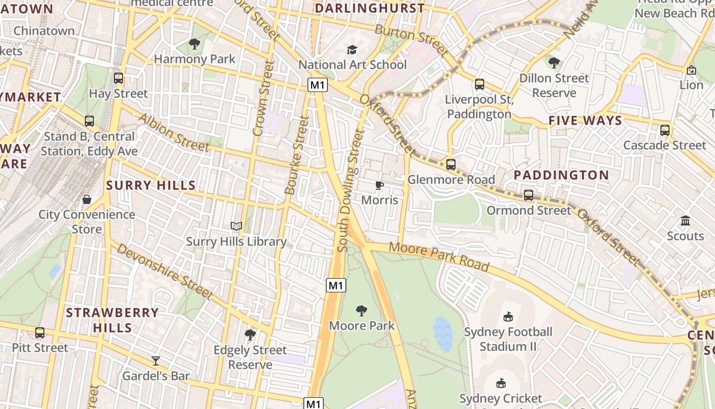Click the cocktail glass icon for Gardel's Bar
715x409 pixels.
pyautogui.click(x=156, y=361)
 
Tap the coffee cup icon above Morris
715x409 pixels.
pyautogui.click(x=379, y=185)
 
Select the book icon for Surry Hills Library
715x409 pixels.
pyautogui.click(x=236, y=226)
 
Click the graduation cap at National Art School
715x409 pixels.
pyautogui.click(x=352, y=50)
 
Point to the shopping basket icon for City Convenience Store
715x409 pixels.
pyautogui.click(x=87, y=199)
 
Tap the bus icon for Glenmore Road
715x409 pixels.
pyautogui.click(x=450, y=165)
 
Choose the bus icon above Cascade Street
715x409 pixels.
pyautogui.click(x=664, y=130)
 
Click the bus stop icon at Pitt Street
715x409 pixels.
pyautogui.click(x=40, y=333)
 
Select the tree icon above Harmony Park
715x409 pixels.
pyautogui.click(x=195, y=44)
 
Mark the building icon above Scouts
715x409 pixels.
pyautogui.click(x=685, y=221)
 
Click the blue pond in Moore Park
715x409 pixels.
pyautogui.click(x=443, y=334)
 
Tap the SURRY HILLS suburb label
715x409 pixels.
pyautogui.click(x=151, y=186)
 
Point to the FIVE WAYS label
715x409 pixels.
pyautogui.click(x=585, y=121)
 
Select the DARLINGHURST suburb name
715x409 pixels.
pyautogui.click(x=369, y=8)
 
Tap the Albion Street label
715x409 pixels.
pyautogui.click(x=173, y=133)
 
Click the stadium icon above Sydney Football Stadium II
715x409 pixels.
pyautogui.click(x=508, y=317)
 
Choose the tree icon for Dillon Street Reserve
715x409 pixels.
pyautogui.click(x=554, y=63)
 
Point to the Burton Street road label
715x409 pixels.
pyautogui.click(x=411, y=40)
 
